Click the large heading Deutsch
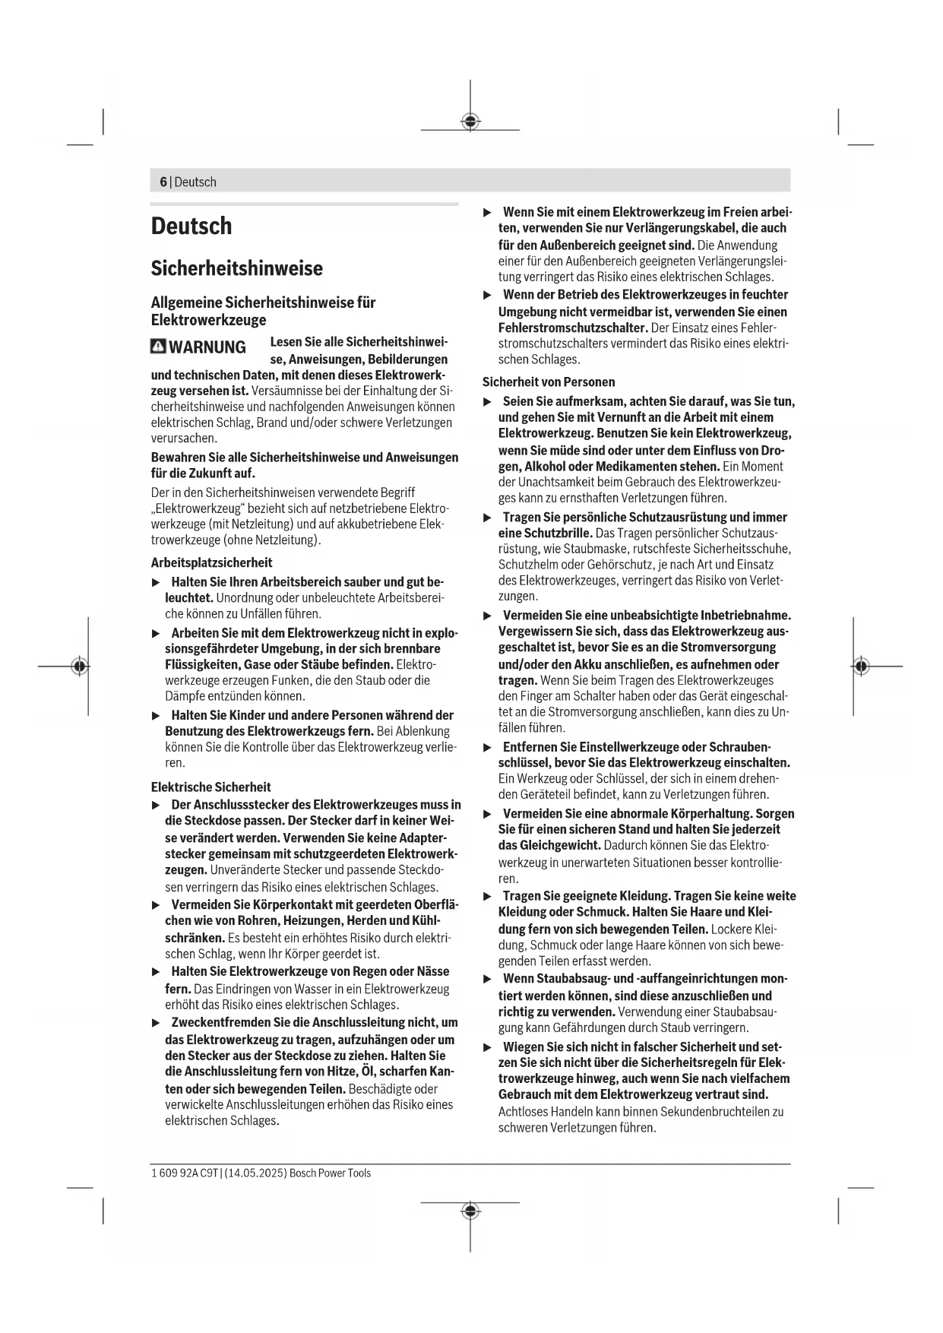(x=191, y=226)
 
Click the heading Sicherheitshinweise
(x=236, y=268)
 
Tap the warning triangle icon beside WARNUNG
(x=158, y=347)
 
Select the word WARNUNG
(x=207, y=347)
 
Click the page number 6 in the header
(x=163, y=182)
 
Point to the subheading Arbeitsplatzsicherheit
(x=211, y=562)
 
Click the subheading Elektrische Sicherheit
(x=210, y=787)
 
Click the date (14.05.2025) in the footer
(x=256, y=1173)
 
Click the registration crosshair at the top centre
(x=470, y=122)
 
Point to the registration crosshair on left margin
(x=79, y=666)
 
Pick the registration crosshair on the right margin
(x=860, y=666)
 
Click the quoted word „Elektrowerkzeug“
(x=196, y=508)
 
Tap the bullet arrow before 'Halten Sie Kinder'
(x=156, y=715)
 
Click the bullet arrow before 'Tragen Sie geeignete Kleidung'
(x=488, y=896)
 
